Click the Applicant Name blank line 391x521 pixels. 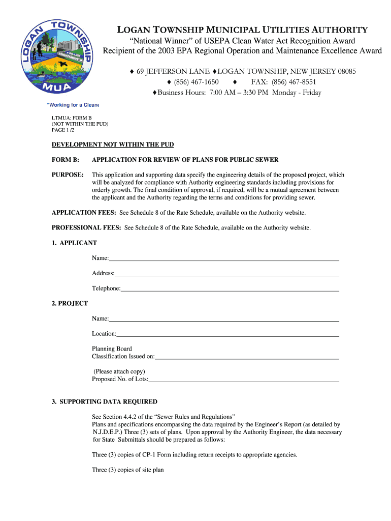tap(223, 259)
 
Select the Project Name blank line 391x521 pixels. tap(223, 320)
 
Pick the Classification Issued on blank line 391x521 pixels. tap(247, 358)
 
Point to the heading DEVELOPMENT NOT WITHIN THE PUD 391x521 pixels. tap(113, 144)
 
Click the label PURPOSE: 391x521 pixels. tap(68, 175)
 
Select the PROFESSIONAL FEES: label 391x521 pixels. tap(86, 227)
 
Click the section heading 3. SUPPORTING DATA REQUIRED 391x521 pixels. tap(104, 401)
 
